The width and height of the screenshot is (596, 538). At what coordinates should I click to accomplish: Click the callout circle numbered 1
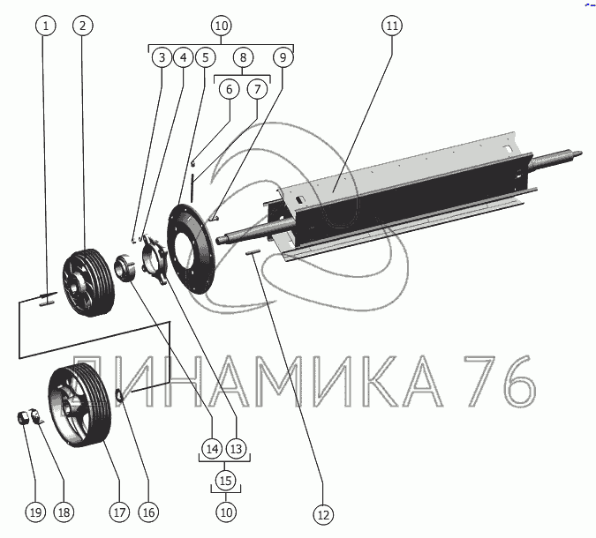46,26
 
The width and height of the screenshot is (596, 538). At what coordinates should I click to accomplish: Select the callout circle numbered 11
392,26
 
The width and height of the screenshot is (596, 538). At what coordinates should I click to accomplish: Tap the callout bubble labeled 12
323,515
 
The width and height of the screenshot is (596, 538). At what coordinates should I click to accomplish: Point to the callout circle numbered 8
243,57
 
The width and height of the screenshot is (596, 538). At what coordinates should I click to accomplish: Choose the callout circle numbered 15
225,481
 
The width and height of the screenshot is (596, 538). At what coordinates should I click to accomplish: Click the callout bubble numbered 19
35,512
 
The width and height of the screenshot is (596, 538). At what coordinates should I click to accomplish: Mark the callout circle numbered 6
230,89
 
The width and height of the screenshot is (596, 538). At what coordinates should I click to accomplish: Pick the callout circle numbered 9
283,57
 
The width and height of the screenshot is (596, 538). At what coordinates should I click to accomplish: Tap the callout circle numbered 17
119,512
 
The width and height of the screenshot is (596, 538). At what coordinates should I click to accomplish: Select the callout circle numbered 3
162,57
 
